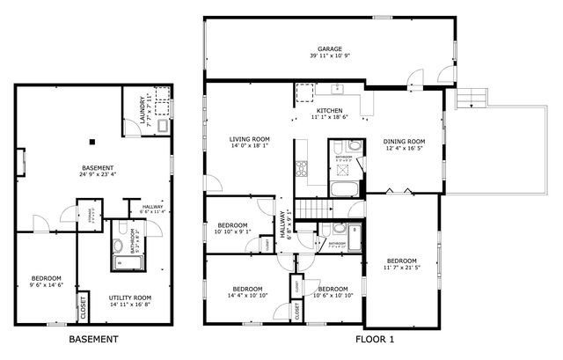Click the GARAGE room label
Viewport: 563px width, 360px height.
(330, 49)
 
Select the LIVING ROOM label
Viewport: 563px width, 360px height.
(249, 139)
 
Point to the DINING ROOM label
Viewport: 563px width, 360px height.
(404, 142)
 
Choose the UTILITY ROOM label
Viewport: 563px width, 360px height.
(130, 298)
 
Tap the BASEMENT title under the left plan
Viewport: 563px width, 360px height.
(93, 339)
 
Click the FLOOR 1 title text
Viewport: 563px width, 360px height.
(376, 339)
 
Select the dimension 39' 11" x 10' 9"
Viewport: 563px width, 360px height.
(330, 56)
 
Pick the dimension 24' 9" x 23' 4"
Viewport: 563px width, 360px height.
(98, 173)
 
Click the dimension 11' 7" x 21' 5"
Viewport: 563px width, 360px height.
(402, 267)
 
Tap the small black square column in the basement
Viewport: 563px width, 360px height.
(91, 140)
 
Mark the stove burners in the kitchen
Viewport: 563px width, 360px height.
(301, 168)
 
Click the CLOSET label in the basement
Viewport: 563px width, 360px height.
(84, 307)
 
